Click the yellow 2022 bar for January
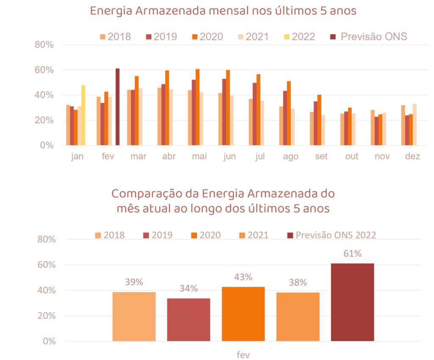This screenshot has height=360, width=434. pos(83,115)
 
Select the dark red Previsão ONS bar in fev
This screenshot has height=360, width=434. pos(117,107)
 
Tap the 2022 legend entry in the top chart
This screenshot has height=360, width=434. pos(299,36)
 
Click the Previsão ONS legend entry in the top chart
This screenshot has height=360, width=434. pos(369,36)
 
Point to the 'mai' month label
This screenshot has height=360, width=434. pos(200,157)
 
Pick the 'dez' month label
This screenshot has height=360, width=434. pos(412,157)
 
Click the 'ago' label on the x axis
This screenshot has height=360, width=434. pos(291,157)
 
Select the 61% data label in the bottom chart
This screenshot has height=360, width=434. pos(353,254)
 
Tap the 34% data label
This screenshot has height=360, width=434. pos(189,288)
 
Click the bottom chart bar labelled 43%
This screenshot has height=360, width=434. pos(243,314)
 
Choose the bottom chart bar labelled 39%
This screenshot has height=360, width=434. pos(134,316)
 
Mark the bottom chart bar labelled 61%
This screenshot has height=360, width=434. pos(353,302)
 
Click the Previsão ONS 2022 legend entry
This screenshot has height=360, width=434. pos(331,235)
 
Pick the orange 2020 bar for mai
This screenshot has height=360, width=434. pos(198,107)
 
